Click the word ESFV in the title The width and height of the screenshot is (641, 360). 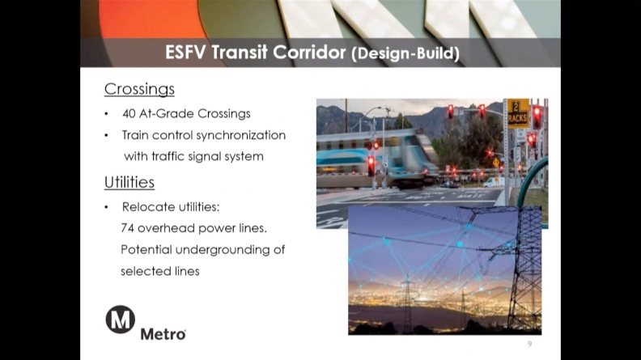pos(185,53)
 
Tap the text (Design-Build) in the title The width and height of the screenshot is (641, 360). pos(405,53)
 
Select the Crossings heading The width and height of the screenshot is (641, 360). pos(139,89)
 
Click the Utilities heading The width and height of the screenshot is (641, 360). pos(129,182)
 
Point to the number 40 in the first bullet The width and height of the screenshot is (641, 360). pos(129,113)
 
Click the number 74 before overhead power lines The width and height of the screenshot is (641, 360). pos(127,228)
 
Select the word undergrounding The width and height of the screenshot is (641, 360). pos(223,250)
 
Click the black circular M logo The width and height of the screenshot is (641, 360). pos(120,320)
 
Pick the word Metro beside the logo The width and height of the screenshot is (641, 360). pos(163,334)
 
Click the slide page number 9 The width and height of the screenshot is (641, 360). pos(530,344)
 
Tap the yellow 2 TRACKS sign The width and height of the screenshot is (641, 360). pos(518,113)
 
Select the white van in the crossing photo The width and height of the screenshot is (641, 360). pos(494,182)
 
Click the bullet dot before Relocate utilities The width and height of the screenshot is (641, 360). pos(106,208)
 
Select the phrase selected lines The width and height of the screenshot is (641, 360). pos(159,271)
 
